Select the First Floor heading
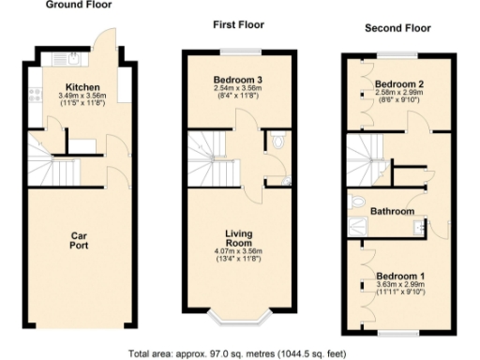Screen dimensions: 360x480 pyautogui.click(x=238, y=26)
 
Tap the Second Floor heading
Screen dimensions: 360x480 pyautogui.click(x=397, y=29)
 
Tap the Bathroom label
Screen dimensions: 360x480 pyautogui.click(x=393, y=212)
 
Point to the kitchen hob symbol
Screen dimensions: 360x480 pyautogui.click(x=34, y=94)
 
